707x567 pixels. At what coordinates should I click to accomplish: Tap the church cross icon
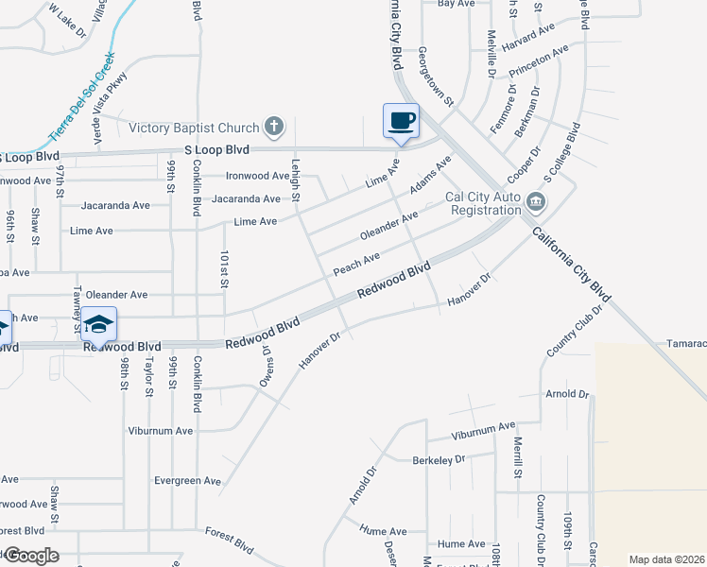[274, 126]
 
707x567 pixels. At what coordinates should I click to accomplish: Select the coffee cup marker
[401, 121]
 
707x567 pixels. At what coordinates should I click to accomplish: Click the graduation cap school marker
[98, 324]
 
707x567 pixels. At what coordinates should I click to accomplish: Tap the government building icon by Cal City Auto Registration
[536, 200]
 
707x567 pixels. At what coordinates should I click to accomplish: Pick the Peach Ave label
[356, 264]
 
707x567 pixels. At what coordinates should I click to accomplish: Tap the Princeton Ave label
[539, 60]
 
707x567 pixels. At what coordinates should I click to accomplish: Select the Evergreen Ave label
[188, 481]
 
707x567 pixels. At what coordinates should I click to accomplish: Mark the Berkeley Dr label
[440, 459]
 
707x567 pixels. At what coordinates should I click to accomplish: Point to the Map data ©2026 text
[666, 559]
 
